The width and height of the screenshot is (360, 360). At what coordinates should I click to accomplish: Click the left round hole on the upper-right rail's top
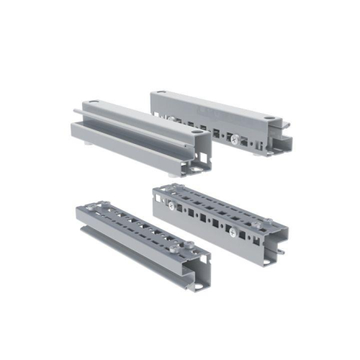[161, 93]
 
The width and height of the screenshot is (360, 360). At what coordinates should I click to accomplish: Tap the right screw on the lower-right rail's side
[232, 232]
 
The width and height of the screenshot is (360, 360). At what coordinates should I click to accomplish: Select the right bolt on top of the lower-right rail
[269, 220]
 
